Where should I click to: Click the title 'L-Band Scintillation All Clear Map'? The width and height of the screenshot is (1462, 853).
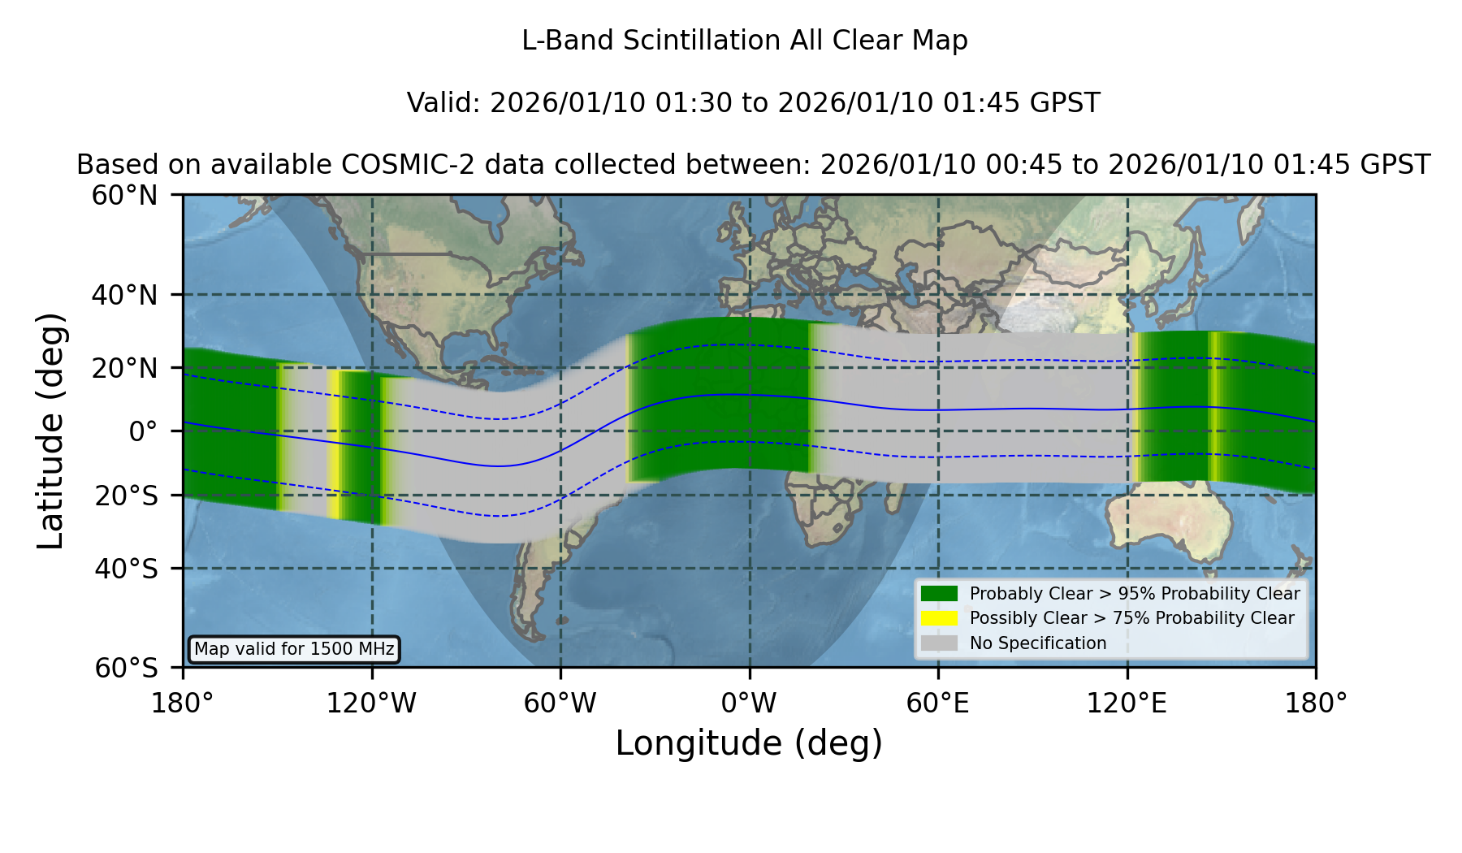[745, 41]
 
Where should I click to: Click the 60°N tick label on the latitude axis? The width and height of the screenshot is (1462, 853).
[124, 196]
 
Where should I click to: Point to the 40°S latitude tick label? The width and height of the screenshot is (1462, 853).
[126, 569]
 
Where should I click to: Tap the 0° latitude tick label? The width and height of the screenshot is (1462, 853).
[144, 431]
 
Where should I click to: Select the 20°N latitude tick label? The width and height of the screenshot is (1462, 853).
[124, 368]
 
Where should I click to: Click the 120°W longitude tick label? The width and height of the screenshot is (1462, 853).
[371, 704]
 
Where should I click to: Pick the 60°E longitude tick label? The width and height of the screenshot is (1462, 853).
[938, 704]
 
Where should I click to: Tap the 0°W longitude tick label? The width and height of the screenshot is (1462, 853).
[749, 704]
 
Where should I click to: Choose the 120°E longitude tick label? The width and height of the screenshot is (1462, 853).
[1127, 704]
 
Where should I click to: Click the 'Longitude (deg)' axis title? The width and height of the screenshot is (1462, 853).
[749, 743]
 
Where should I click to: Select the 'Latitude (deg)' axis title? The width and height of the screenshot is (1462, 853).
[50, 431]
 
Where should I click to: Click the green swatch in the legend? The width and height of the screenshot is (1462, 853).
[939, 593]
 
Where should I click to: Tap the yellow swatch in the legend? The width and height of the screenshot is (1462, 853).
[939, 618]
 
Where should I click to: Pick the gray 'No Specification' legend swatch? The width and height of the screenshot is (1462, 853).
[939, 643]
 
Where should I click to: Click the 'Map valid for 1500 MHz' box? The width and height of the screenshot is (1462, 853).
[294, 649]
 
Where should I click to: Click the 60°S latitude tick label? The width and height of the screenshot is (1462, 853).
[126, 668]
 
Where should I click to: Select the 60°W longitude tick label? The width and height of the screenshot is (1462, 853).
[560, 704]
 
